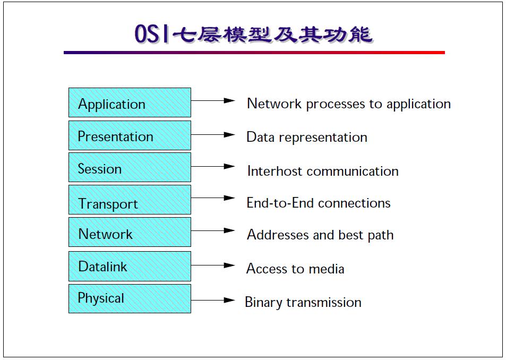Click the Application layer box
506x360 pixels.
130,102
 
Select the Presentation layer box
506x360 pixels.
130,135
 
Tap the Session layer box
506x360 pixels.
130,167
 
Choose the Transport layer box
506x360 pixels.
130,200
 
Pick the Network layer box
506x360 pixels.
130,232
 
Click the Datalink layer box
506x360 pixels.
130,266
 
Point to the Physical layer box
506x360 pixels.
130,298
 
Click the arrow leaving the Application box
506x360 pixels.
212,100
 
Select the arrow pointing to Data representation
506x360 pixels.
212,135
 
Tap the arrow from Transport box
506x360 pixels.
212,198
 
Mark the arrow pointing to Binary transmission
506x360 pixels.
212,300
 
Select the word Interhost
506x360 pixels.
275,171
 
